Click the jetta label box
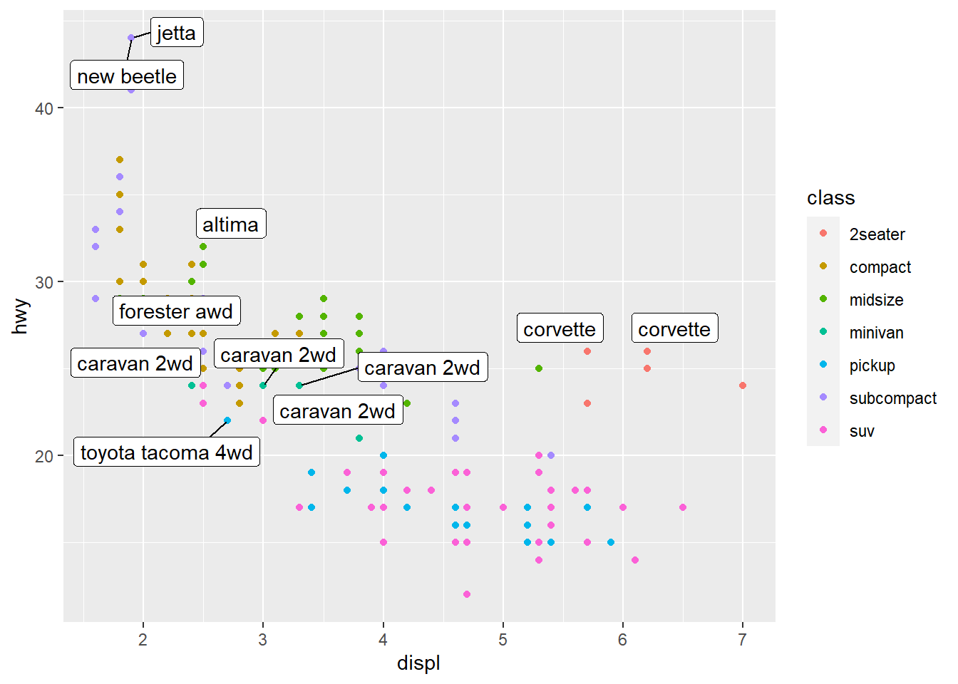coord(177,33)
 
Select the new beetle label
coord(127,76)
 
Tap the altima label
coord(231,224)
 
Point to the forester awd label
coord(176,311)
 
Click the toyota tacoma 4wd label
coord(167,452)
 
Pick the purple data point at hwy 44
coord(131,38)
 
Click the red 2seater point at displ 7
coord(743,385)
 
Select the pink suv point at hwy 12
coord(467,594)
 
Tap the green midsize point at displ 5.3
coord(539,368)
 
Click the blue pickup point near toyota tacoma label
coord(227,420)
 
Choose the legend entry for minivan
coord(876,333)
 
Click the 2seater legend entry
coord(877,234)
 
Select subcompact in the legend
coord(892,398)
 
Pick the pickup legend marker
coord(823,365)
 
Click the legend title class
coord(830,198)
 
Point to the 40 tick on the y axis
coord(44,108)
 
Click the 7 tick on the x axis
coord(743,639)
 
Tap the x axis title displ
coord(418,663)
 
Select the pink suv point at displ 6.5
coord(683,507)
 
